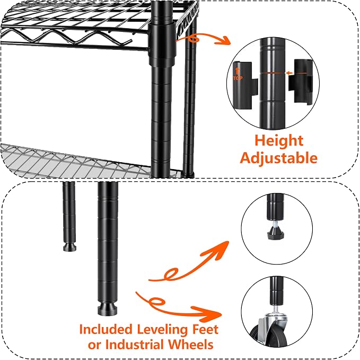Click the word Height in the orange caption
coord(279,141)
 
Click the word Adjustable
coord(279,159)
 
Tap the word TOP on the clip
coord(238,78)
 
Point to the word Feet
coord(205,329)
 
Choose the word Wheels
coord(190,345)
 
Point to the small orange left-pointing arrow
coord(289,73)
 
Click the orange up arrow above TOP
coord(238,72)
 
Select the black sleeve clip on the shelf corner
coord(162,43)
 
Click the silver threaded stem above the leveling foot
coord(276,223)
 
